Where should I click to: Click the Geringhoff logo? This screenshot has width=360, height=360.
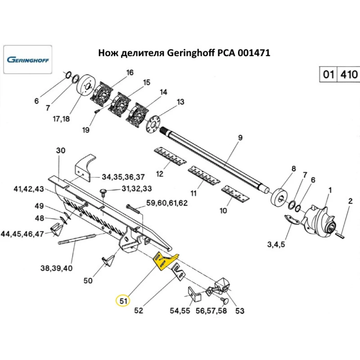pyautogui.click(x=28, y=60)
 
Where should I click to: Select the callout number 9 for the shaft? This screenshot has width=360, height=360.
pyautogui.click(x=240, y=138)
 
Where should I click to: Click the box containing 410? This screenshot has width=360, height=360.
pyautogui.click(x=348, y=75)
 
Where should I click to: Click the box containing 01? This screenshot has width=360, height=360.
pyautogui.click(x=328, y=75)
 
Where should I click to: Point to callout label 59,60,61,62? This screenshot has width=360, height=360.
pyautogui.click(x=167, y=203)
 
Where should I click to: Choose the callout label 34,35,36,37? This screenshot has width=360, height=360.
pyautogui.click(x=123, y=177)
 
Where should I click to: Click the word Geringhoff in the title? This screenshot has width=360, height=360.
pyautogui.click(x=188, y=53)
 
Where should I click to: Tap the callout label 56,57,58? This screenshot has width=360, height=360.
pyautogui.click(x=211, y=310)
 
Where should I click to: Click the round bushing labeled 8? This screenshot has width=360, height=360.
pyautogui.click(x=280, y=197)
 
